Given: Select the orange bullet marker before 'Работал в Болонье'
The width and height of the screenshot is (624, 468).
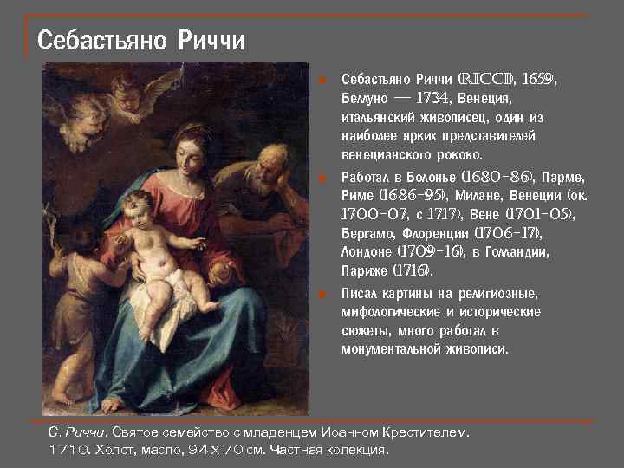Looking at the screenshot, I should [x=322, y=176].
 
